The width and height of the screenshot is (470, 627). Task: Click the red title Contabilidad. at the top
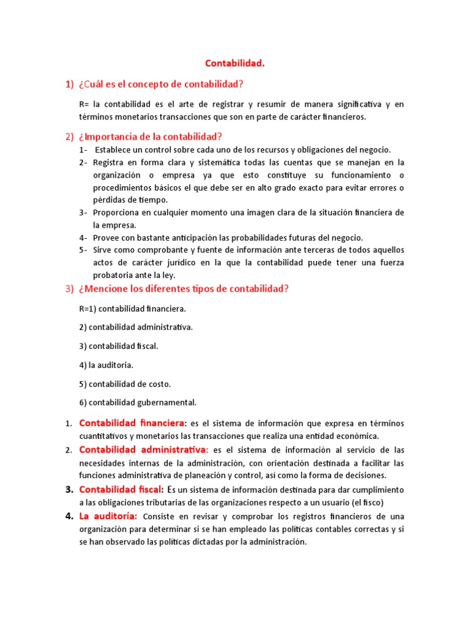(234, 62)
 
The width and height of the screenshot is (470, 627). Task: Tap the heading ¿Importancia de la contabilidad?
(150, 137)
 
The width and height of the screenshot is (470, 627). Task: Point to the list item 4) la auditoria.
(106, 365)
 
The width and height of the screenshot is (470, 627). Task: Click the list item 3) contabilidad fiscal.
(119, 346)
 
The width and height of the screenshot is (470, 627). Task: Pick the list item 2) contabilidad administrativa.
(136, 327)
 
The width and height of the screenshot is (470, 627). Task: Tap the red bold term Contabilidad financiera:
(133, 423)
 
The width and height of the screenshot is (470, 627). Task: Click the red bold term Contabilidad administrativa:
(144, 450)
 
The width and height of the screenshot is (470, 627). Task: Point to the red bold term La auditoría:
(108, 516)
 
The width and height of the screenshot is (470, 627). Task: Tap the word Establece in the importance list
(114, 150)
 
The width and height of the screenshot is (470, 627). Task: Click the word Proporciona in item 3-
(118, 212)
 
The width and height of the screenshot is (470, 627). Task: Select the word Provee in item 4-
(106, 238)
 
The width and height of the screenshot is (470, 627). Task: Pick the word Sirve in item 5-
(103, 250)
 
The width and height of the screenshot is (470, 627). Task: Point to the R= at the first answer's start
(84, 105)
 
